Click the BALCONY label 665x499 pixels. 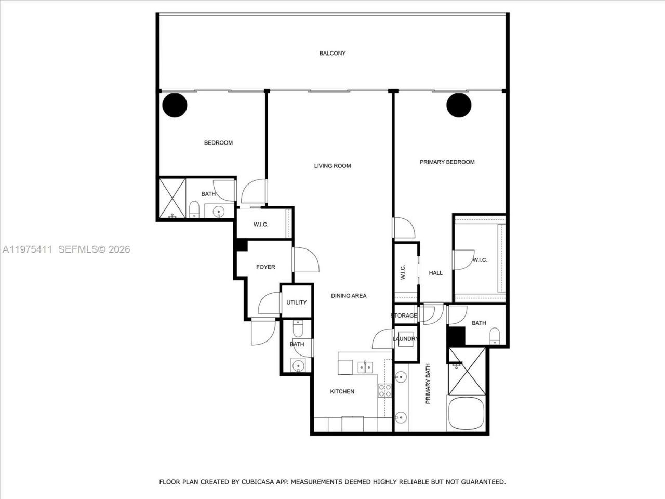(332, 53)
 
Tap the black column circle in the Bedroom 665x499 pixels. (175, 105)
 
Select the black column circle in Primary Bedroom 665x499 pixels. (459, 105)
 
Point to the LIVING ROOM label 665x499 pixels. (332, 166)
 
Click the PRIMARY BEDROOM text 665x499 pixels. (447, 162)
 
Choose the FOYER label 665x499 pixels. (265, 267)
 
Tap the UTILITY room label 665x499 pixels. (297, 302)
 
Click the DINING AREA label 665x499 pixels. (349, 295)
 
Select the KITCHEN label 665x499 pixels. (342, 391)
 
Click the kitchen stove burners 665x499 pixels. (384, 391)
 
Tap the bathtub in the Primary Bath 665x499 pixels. (466, 413)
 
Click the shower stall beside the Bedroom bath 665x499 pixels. (172, 199)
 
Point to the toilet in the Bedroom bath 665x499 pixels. (194, 210)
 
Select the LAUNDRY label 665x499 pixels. (405, 339)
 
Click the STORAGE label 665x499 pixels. (404, 316)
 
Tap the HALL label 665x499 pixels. (435, 273)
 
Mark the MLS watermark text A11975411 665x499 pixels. (27, 249)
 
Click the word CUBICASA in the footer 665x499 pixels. (255, 482)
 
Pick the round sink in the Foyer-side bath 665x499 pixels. (297, 366)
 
